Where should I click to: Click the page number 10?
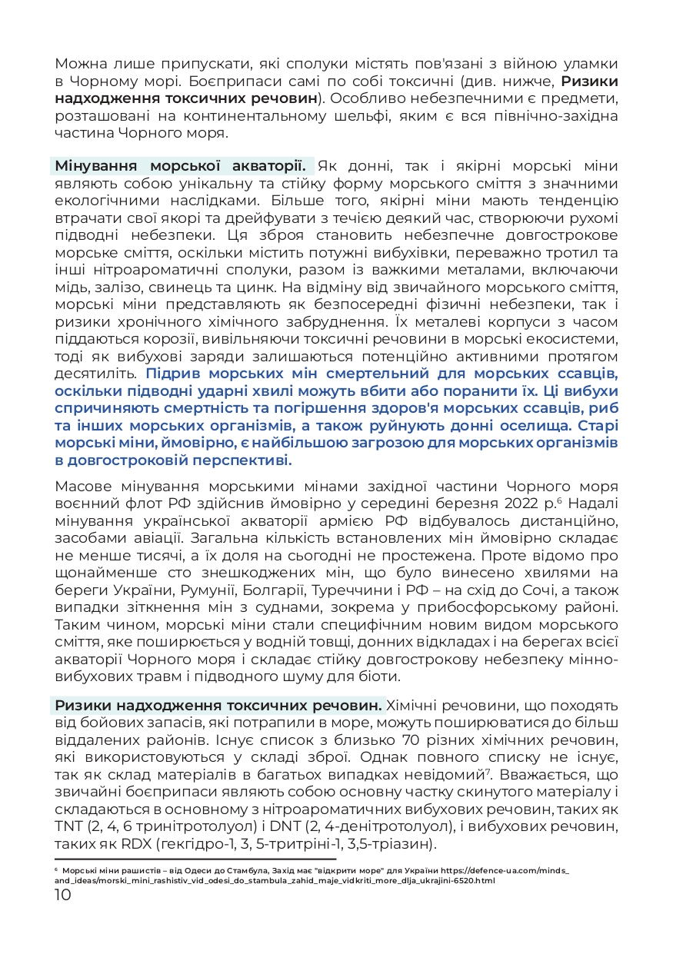63,895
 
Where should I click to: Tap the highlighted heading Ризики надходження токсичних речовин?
218,705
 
